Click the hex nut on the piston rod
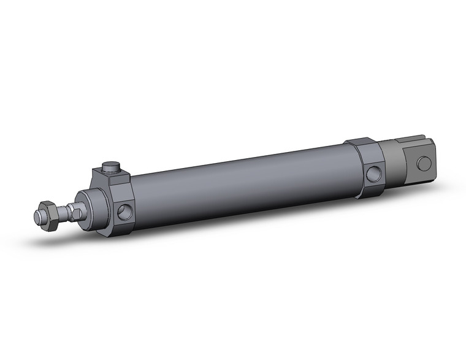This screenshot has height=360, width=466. (x=50, y=216)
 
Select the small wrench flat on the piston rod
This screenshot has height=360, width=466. (x=75, y=212)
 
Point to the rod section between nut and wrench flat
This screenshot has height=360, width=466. (x=63, y=213)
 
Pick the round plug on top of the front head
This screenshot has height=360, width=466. (x=110, y=166)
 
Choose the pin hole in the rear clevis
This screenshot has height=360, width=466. (x=423, y=163)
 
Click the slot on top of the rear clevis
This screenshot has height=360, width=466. (x=408, y=142)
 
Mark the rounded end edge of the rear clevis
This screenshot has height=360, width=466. (x=434, y=161)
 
